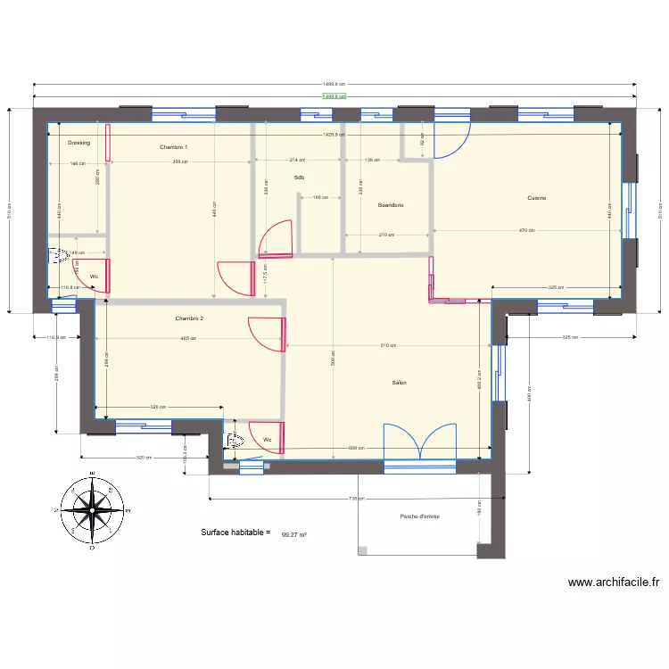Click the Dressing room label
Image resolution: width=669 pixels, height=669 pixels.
(78, 142)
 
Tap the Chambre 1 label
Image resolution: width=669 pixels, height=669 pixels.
(173, 146)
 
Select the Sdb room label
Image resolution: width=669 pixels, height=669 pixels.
(299, 178)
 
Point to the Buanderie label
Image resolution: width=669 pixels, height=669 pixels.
(391, 205)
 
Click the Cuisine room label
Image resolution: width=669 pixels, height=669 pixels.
(536, 198)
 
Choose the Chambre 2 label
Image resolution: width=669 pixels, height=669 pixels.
(190, 318)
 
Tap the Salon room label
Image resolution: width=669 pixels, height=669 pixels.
(400, 383)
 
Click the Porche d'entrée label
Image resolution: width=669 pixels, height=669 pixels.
(419, 516)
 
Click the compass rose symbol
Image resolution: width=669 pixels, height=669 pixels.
(92, 509)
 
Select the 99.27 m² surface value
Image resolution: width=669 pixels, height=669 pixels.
(293, 535)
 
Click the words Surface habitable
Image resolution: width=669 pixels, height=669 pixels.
(235, 533)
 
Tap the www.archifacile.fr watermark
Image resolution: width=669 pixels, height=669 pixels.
(614, 583)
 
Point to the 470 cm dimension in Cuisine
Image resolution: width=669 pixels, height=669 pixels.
(527, 231)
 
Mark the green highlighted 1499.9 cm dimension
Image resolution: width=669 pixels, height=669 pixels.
(334, 96)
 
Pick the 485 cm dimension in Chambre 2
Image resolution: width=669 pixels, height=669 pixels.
(188, 338)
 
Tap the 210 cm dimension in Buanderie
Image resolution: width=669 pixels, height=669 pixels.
(386, 235)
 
